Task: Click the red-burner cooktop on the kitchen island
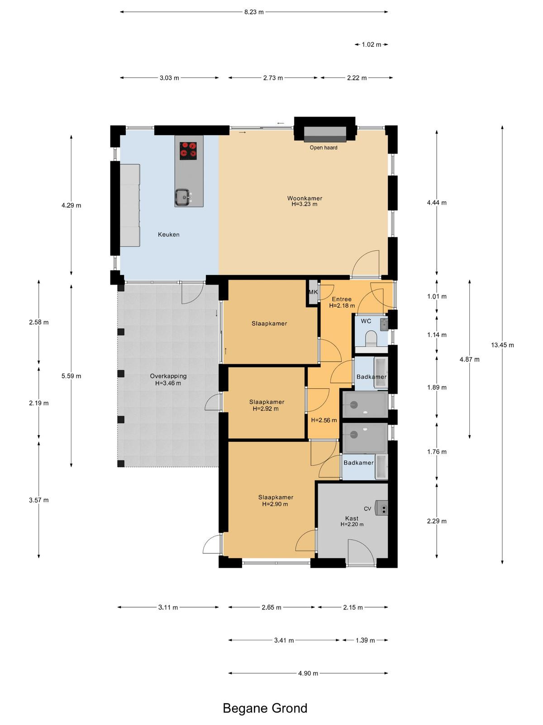188,150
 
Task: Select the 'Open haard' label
323,148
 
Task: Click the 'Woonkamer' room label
304,198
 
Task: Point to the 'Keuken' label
168,235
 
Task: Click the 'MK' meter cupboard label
313,292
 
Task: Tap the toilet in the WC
372,339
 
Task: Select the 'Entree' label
342,299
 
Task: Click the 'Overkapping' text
168,376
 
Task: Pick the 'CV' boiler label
367,509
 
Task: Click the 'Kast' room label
352,518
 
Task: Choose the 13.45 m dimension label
502,345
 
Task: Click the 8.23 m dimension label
253,12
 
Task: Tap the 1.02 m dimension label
371,44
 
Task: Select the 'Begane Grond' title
265,708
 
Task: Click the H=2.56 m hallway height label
324,420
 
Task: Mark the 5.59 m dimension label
71,376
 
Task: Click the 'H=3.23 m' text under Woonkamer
304,204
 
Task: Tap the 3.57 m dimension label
38,500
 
